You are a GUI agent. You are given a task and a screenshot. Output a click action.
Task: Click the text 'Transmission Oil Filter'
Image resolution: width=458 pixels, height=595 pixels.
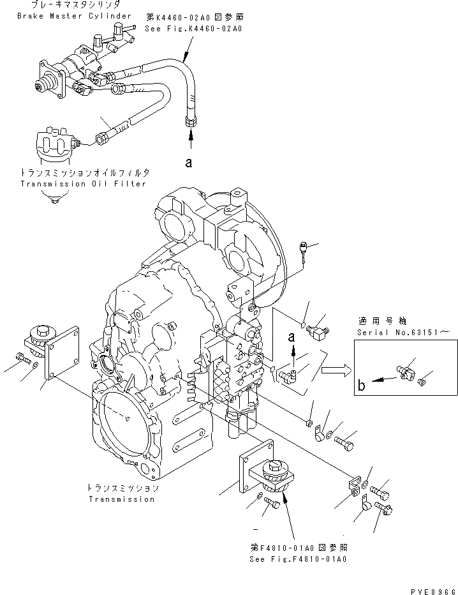[83, 184]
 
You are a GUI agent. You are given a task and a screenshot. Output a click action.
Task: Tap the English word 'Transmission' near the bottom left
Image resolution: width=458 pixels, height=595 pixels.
[121, 499]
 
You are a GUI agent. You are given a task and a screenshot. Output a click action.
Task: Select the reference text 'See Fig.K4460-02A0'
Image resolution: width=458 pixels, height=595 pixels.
[203, 29]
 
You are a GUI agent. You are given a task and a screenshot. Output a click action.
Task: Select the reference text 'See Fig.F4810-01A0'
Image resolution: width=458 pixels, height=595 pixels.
[299, 559]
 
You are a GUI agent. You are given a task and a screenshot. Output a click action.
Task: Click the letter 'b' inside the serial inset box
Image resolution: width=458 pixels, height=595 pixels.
[362, 384]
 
